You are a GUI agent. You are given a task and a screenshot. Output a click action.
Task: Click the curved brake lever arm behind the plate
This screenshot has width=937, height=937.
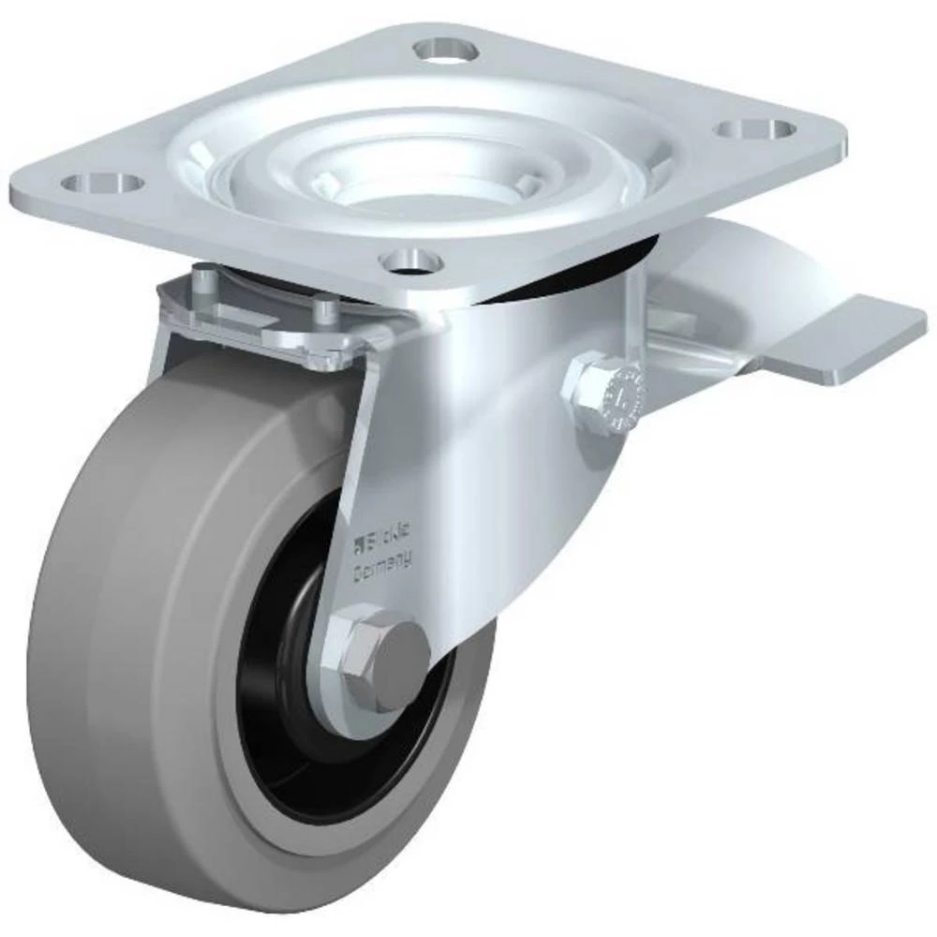(x=768, y=262)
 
